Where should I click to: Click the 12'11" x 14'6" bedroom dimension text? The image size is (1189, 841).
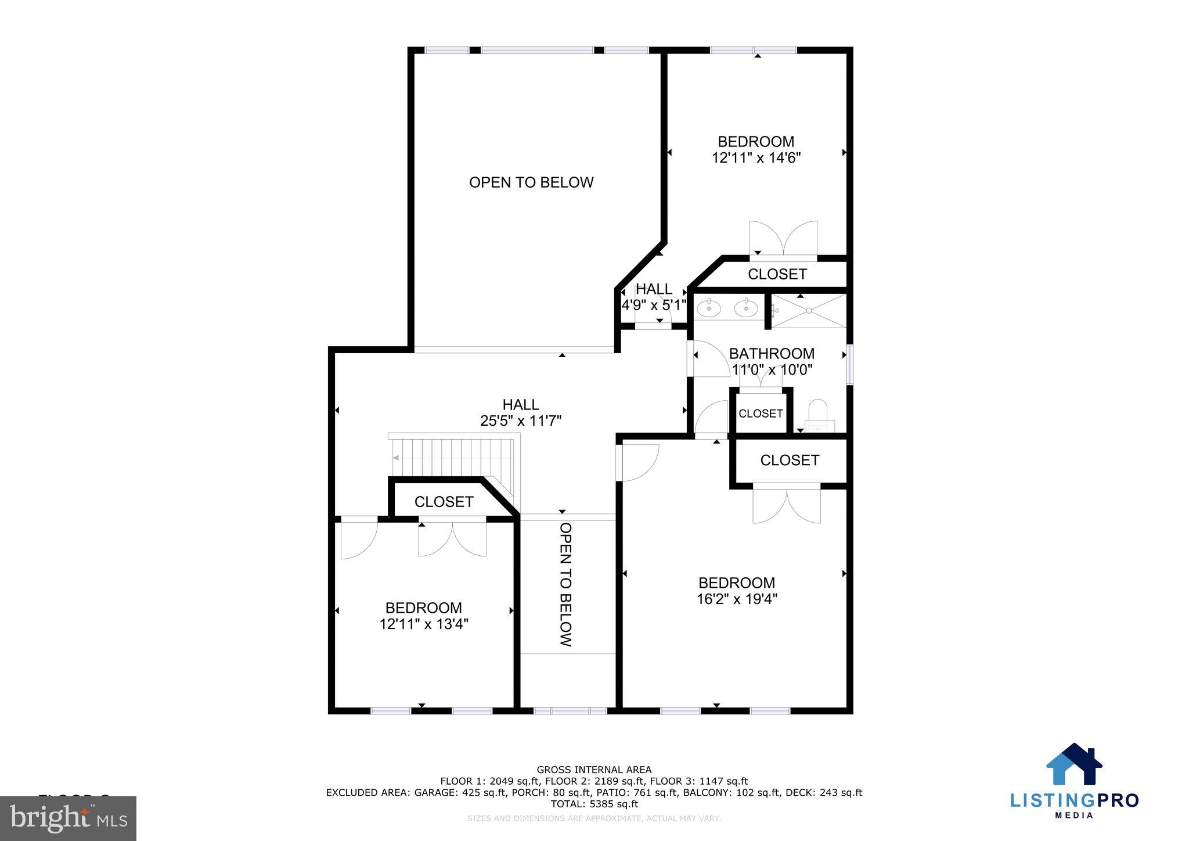(756, 157)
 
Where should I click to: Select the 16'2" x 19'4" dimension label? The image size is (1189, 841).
(737, 599)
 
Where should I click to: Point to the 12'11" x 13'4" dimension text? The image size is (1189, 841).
(424, 624)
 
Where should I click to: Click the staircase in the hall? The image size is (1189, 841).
(453, 457)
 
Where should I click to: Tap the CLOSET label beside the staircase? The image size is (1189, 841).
(444, 501)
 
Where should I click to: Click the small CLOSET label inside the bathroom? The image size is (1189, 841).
(761, 414)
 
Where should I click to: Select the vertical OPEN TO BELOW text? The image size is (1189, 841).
(565, 584)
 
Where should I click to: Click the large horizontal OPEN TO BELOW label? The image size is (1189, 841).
(531, 182)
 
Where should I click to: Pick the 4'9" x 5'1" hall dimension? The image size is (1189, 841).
(654, 304)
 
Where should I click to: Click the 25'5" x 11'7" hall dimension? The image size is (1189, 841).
(521, 420)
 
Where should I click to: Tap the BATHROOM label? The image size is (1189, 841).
(772, 353)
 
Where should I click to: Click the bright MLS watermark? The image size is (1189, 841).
(69, 818)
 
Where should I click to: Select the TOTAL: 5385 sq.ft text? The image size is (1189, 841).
(594, 804)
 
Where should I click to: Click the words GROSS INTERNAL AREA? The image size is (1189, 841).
(594, 770)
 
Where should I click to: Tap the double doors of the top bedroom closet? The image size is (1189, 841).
(783, 239)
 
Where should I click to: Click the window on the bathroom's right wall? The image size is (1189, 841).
(849, 365)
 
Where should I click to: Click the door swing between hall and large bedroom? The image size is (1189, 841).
(639, 462)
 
